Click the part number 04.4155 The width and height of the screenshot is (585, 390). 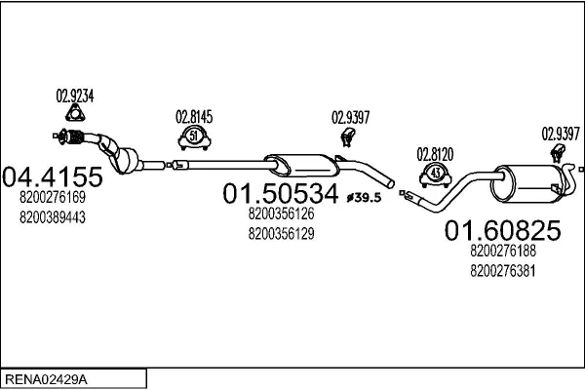click(53, 176)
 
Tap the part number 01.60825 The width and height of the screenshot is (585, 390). click(502, 230)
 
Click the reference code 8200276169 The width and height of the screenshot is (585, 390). click(53, 198)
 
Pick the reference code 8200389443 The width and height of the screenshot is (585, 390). click(53, 216)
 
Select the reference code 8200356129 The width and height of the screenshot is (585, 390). click(281, 233)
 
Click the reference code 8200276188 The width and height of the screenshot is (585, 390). click(502, 251)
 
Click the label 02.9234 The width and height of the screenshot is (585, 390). click(74, 96)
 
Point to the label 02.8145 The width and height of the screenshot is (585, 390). click(193, 116)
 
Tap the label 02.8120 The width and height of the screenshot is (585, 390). click(436, 153)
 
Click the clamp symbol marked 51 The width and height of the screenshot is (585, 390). click(193, 136)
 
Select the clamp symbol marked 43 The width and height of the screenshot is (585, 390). click(436, 175)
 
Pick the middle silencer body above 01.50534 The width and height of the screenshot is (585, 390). click(297, 163)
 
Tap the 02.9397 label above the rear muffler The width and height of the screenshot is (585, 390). click(561, 134)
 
